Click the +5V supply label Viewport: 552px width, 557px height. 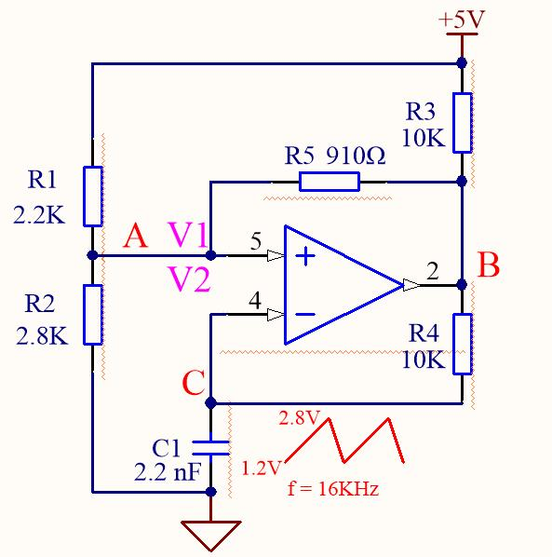point(462,20)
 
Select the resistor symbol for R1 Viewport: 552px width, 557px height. point(93,197)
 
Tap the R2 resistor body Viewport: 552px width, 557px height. point(93,315)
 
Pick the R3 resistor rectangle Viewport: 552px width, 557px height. point(463,123)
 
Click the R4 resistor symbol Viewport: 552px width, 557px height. point(463,344)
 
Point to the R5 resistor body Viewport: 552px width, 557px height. point(330,182)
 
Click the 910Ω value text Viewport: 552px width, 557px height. point(356,156)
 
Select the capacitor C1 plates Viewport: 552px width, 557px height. point(210,448)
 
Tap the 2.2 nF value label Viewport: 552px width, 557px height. point(168,472)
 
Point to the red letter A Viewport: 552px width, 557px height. point(135,236)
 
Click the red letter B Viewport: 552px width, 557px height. point(489,265)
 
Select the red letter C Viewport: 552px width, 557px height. point(194,383)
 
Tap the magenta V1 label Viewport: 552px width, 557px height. point(187,235)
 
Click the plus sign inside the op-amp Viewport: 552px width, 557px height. point(305,255)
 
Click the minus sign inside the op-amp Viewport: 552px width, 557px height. point(305,314)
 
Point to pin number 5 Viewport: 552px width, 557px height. point(256,241)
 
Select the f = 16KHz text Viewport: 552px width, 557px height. point(333,489)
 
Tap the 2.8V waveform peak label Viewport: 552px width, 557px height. point(299,417)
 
